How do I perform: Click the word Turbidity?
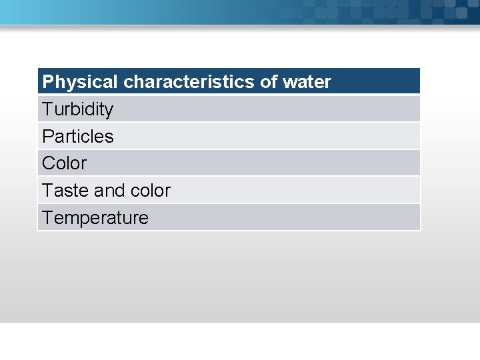pyautogui.click(x=77, y=109)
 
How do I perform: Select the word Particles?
pyautogui.click(x=77, y=137)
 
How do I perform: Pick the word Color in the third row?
pyautogui.click(x=64, y=163)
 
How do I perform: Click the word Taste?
pyautogui.click(x=65, y=191)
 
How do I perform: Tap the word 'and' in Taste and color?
pyautogui.click(x=109, y=191)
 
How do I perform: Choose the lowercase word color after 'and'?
pyautogui.click(x=150, y=191)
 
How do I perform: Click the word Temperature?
pyautogui.click(x=95, y=218)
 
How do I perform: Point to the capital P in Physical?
pyautogui.click(x=47, y=82)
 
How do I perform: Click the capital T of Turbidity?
pyautogui.click(x=47, y=109)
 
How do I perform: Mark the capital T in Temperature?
pyautogui.click(x=47, y=218)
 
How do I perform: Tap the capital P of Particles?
pyautogui.click(x=47, y=137)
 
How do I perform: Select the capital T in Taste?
pyautogui.click(x=47, y=191)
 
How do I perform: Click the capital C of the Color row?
pyautogui.click(x=48, y=163)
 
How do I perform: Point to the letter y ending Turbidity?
pyautogui.click(x=109, y=111)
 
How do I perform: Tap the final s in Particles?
pyautogui.click(x=109, y=137)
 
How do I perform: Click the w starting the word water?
pyautogui.click(x=289, y=83)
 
